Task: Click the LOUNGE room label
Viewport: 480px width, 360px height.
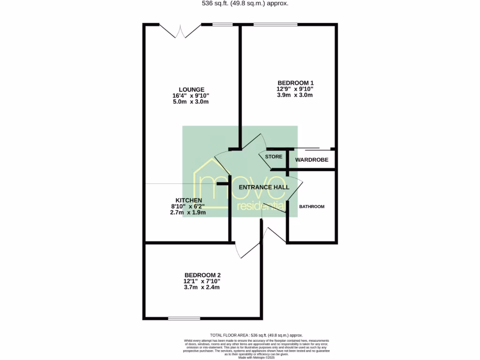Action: (x=191, y=90)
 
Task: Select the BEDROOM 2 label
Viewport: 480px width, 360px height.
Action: (x=202, y=275)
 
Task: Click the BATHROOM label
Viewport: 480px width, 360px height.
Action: (x=312, y=207)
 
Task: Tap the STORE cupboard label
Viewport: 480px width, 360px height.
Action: (x=274, y=157)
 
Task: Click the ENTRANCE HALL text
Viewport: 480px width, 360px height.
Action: (x=264, y=187)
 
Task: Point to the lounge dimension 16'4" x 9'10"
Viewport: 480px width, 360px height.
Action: (x=191, y=96)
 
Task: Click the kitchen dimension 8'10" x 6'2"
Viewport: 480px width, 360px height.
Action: (x=187, y=206)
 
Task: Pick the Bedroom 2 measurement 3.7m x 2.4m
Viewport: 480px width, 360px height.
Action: (x=202, y=287)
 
